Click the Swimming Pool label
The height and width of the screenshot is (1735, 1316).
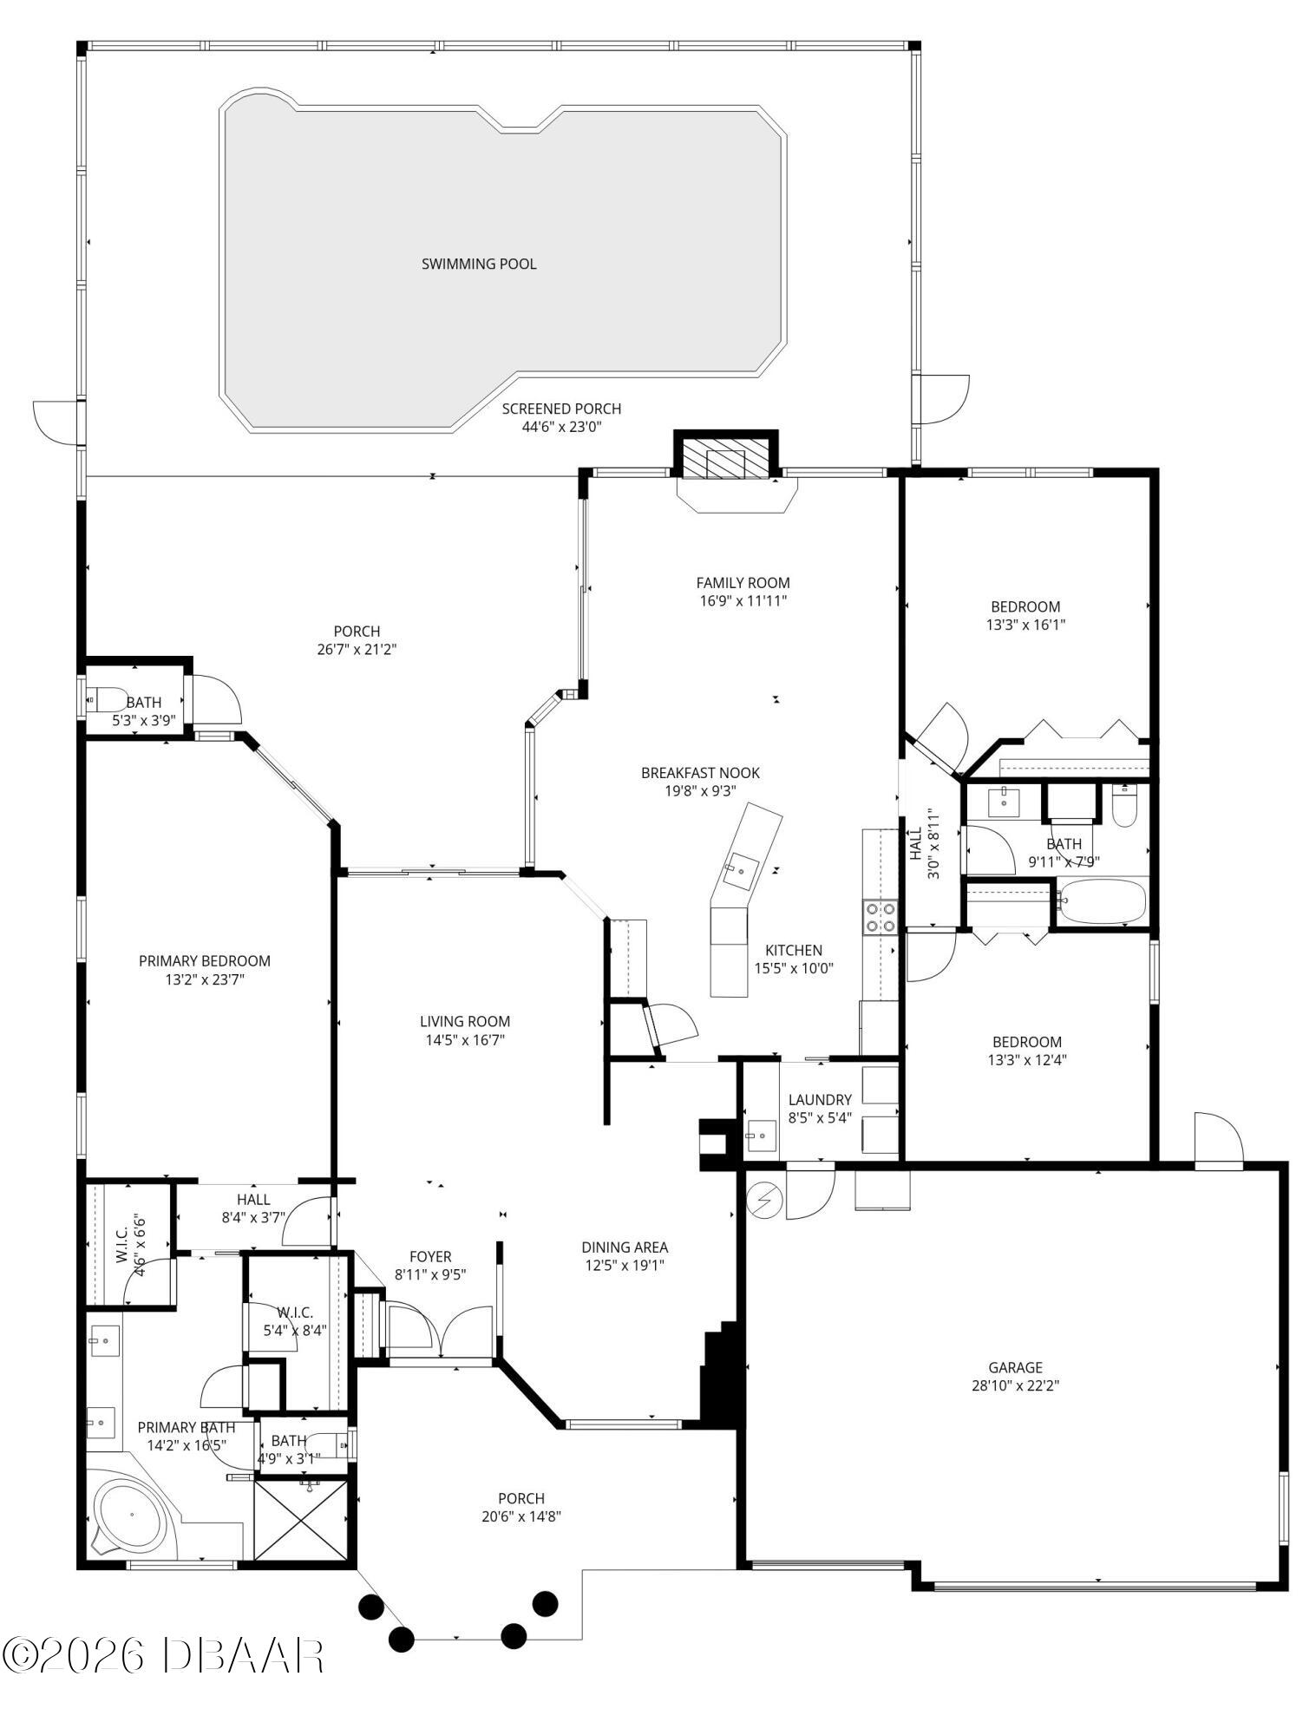[479, 264]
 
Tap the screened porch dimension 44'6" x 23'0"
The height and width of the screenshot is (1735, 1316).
[561, 427]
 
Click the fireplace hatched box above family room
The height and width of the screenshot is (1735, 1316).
[725, 457]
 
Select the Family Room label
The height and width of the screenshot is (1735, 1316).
[743, 583]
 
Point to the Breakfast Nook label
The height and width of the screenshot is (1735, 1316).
[700, 773]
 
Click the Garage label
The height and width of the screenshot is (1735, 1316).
[1015, 1368]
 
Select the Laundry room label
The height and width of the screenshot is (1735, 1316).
[819, 1100]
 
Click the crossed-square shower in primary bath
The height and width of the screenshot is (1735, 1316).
[300, 1518]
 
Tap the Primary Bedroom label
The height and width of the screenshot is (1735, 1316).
[205, 961]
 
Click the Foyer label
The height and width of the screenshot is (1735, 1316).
[430, 1256]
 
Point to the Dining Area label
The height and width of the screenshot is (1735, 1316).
[625, 1247]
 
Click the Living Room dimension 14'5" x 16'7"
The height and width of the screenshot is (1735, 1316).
[465, 1040]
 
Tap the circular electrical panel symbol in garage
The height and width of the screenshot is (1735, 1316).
[765, 1201]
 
